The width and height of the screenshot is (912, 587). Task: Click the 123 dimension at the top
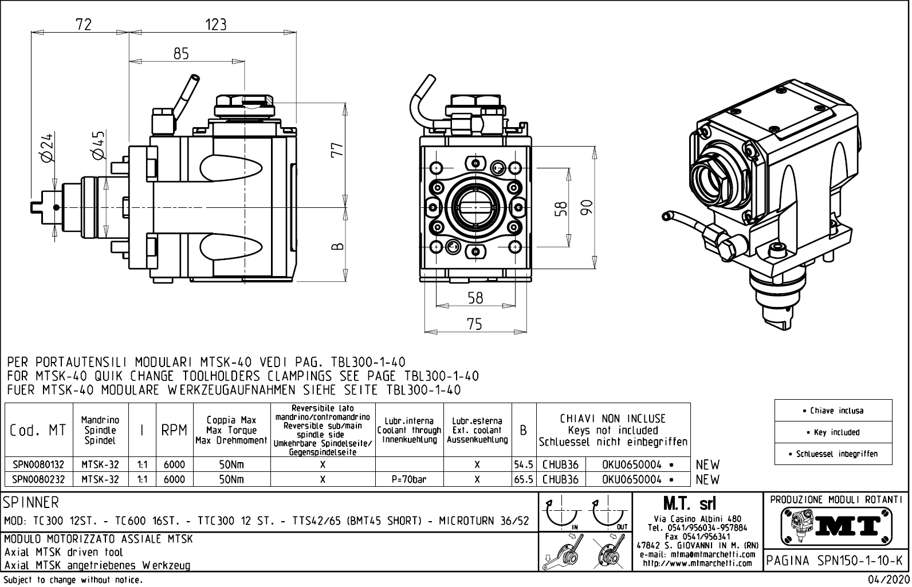click(x=215, y=24)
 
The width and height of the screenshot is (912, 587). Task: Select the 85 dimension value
click(x=181, y=54)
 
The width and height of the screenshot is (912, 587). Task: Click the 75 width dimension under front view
click(x=474, y=324)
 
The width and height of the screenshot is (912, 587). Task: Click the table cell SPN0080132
click(x=38, y=464)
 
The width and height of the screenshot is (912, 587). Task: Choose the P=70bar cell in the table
click(x=409, y=479)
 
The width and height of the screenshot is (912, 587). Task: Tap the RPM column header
click(x=174, y=430)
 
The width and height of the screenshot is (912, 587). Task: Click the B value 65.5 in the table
click(x=524, y=479)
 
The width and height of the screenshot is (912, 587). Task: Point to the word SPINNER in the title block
click(x=32, y=503)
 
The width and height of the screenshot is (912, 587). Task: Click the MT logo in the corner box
click(x=836, y=526)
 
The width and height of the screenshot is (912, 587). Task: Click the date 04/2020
click(x=888, y=580)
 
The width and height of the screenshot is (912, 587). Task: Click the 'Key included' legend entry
click(x=833, y=432)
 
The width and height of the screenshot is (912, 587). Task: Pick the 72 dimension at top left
click(x=84, y=24)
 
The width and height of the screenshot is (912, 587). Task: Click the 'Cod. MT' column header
click(x=38, y=430)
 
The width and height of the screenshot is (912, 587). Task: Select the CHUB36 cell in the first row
click(x=560, y=464)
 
